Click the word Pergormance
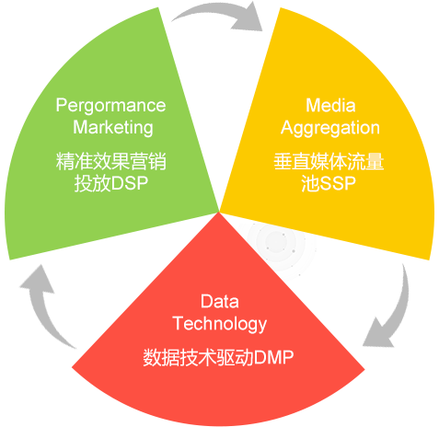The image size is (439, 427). pyautogui.click(x=110, y=106)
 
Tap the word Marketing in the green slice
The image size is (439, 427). pyautogui.click(x=113, y=128)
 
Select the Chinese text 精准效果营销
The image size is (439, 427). pyautogui.click(x=111, y=161)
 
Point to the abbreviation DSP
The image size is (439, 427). pyautogui.click(x=129, y=183)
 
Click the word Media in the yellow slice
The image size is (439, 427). pyautogui.click(x=330, y=106)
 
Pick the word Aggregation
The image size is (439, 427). pyautogui.click(x=330, y=128)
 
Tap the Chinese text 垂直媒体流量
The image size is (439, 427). pyautogui.click(x=329, y=161)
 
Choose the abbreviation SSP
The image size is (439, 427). pyautogui.click(x=338, y=183)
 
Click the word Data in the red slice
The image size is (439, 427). pyautogui.click(x=220, y=301)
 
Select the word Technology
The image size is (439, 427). pyautogui.click(x=220, y=324)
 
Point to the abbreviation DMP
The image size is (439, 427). pyautogui.click(x=273, y=357)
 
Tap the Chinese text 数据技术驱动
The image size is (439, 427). pyautogui.click(x=198, y=357)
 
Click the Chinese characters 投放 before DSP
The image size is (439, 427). pyautogui.click(x=92, y=183)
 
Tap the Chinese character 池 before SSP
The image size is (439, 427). pyautogui.click(x=310, y=183)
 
